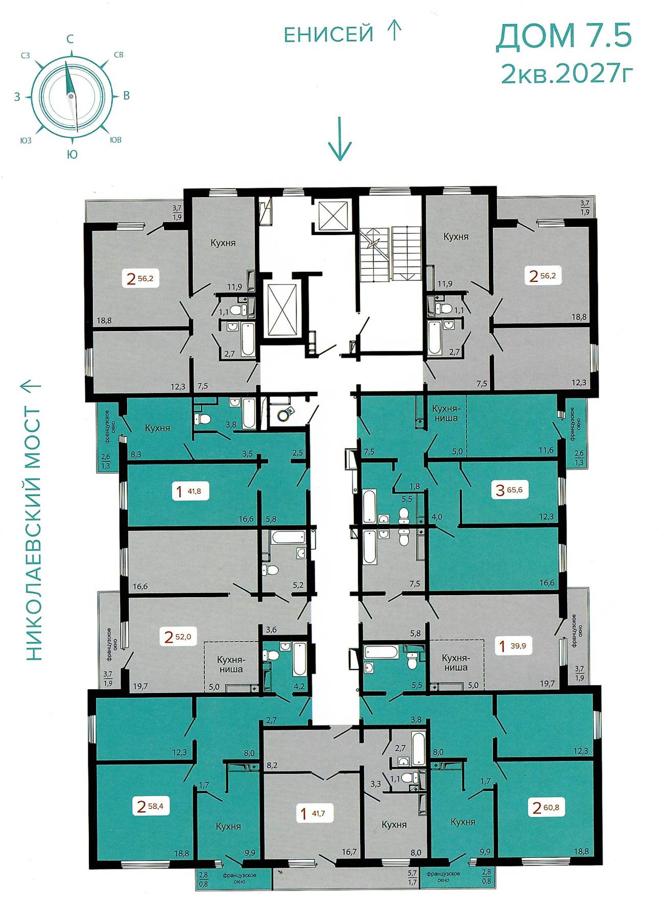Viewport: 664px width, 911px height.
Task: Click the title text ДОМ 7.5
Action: pyautogui.click(x=564, y=36)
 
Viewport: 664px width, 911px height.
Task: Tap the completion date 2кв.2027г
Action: pyautogui.click(x=567, y=75)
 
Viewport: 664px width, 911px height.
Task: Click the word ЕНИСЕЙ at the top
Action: pyautogui.click(x=329, y=34)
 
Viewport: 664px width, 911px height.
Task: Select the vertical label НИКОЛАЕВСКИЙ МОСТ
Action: pyautogui.click(x=32, y=534)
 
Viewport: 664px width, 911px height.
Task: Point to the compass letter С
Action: pyautogui.click(x=70, y=39)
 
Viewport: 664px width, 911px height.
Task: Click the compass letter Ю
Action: pyautogui.click(x=72, y=154)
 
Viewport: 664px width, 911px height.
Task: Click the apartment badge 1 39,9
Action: pyautogui.click(x=513, y=646)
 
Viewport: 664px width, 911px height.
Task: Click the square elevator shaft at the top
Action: pyautogui.click(x=333, y=217)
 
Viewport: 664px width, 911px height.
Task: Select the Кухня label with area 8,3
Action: pyautogui.click(x=157, y=428)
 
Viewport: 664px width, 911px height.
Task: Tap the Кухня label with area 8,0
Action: pyautogui.click(x=394, y=825)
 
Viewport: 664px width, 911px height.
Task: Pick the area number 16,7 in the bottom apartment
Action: pyautogui.click(x=349, y=852)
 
